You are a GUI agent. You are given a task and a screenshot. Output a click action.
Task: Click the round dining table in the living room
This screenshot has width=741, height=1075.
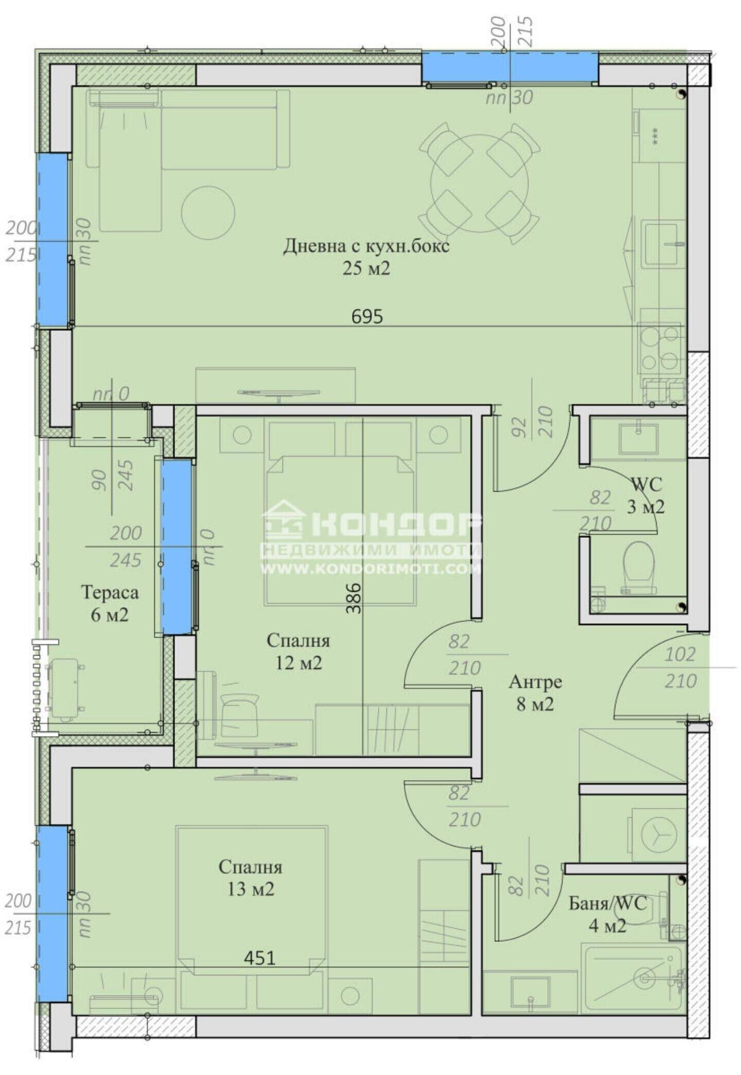pyautogui.click(x=479, y=183)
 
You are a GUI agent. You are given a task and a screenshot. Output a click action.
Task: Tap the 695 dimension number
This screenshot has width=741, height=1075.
pyautogui.click(x=367, y=316)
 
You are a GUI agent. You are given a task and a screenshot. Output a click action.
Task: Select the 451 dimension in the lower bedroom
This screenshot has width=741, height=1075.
pyautogui.click(x=259, y=958)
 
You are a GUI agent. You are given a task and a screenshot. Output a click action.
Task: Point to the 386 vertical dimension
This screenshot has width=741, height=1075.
pyautogui.click(x=354, y=598)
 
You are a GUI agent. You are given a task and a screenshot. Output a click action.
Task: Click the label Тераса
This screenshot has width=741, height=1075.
pyautogui.click(x=110, y=592)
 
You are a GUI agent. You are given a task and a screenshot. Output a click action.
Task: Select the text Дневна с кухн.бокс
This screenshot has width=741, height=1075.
pyautogui.click(x=366, y=245)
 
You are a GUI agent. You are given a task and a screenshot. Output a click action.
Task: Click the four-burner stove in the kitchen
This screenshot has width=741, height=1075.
pyautogui.click(x=660, y=348)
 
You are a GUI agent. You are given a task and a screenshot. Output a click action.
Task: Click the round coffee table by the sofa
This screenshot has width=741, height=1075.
pyautogui.click(x=208, y=213)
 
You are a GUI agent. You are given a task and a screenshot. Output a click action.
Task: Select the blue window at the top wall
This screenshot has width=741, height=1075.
pyautogui.click(x=509, y=67)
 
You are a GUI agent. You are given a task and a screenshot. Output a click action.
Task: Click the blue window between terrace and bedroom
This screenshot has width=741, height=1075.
pyautogui.click(x=177, y=547)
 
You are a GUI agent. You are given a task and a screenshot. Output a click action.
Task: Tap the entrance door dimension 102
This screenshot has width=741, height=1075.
pyautogui.click(x=680, y=655)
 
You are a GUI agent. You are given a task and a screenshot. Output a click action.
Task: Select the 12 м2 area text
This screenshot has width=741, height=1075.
pyautogui.click(x=298, y=663)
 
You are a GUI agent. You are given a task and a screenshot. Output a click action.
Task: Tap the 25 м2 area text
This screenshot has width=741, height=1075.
pyautogui.click(x=366, y=268)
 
